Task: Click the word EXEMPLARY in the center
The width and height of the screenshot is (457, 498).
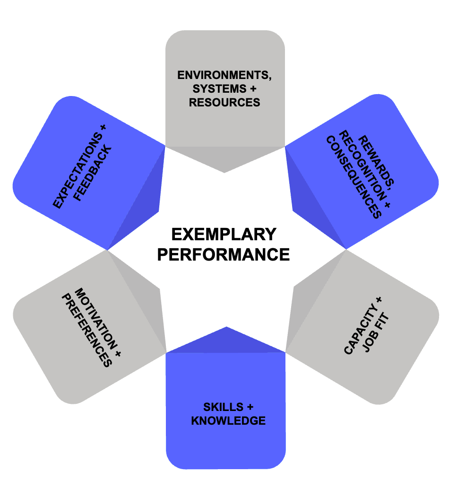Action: (223, 234)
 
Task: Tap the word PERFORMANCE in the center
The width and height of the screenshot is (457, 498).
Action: (223, 254)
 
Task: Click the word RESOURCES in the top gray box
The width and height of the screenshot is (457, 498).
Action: (224, 102)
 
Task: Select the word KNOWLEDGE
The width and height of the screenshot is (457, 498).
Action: (228, 420)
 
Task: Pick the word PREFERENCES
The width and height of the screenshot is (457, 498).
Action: (87, 331)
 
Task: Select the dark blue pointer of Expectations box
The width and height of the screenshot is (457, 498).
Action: (142, 203)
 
